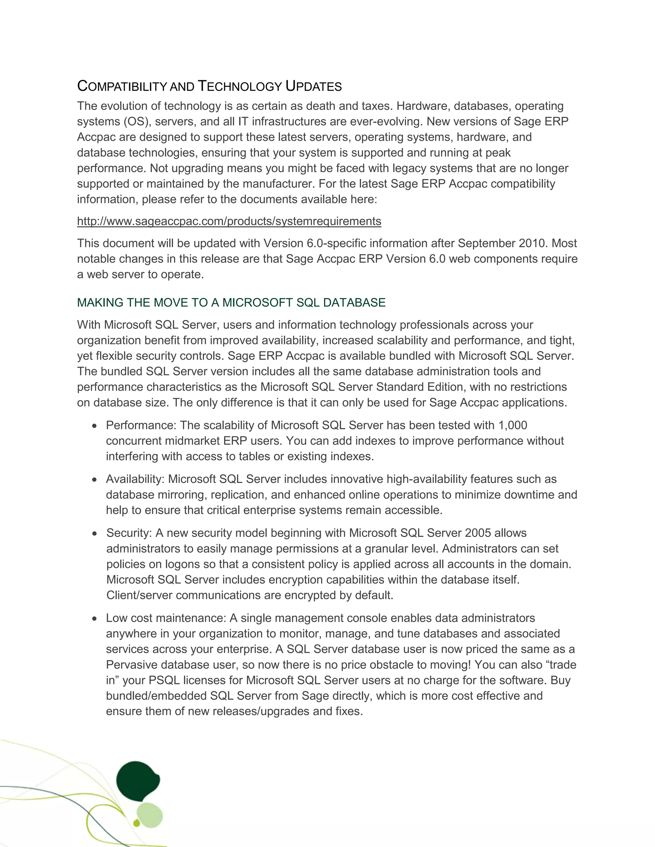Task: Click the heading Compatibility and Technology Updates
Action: point(209,86)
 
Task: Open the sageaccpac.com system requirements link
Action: point(229,221)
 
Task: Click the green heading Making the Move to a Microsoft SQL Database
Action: point(231,302)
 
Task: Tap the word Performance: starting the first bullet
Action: point(141,425)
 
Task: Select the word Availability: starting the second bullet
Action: point(135,479)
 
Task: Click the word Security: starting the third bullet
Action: point(129,533)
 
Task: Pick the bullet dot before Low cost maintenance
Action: point(95,618)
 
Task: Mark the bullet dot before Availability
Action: point(95,480)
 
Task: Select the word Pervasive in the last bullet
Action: point(131,664)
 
